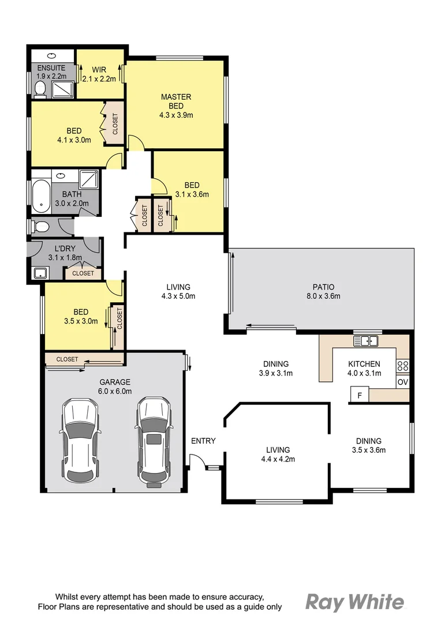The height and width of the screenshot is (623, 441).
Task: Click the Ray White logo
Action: point(354,602)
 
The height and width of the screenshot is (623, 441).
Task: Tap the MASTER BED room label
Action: point(176,102)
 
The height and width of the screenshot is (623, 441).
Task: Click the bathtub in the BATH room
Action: point(40,196)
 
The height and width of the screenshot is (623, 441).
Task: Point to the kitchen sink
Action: point(365,341)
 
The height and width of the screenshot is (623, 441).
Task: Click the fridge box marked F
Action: point(360,396)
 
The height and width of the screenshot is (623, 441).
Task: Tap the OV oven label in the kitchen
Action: point(402,382)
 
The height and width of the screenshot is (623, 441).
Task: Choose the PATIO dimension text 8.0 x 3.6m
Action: point(323,297)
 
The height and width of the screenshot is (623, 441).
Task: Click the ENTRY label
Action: point(203,441)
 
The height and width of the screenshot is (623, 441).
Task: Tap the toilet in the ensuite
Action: point(40,88)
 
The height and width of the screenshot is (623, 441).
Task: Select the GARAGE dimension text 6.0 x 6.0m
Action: point(115,391)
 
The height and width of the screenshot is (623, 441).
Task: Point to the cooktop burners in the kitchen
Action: point(403,365)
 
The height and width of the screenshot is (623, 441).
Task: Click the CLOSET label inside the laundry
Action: point(83,273)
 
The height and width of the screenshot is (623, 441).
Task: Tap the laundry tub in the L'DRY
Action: point(40,273)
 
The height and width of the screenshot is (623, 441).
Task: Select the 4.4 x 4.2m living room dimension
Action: point(278,460)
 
